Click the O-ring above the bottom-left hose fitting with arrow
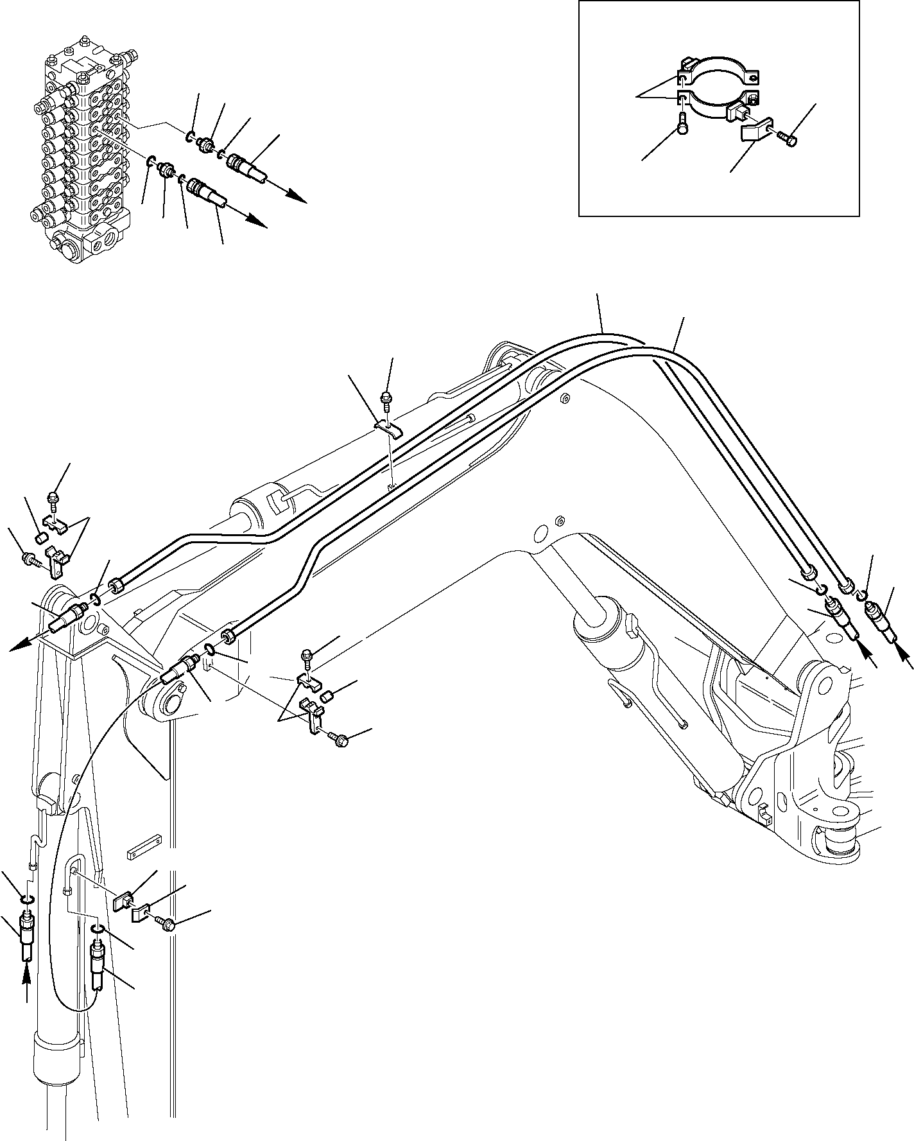click(x=26, y=899)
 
